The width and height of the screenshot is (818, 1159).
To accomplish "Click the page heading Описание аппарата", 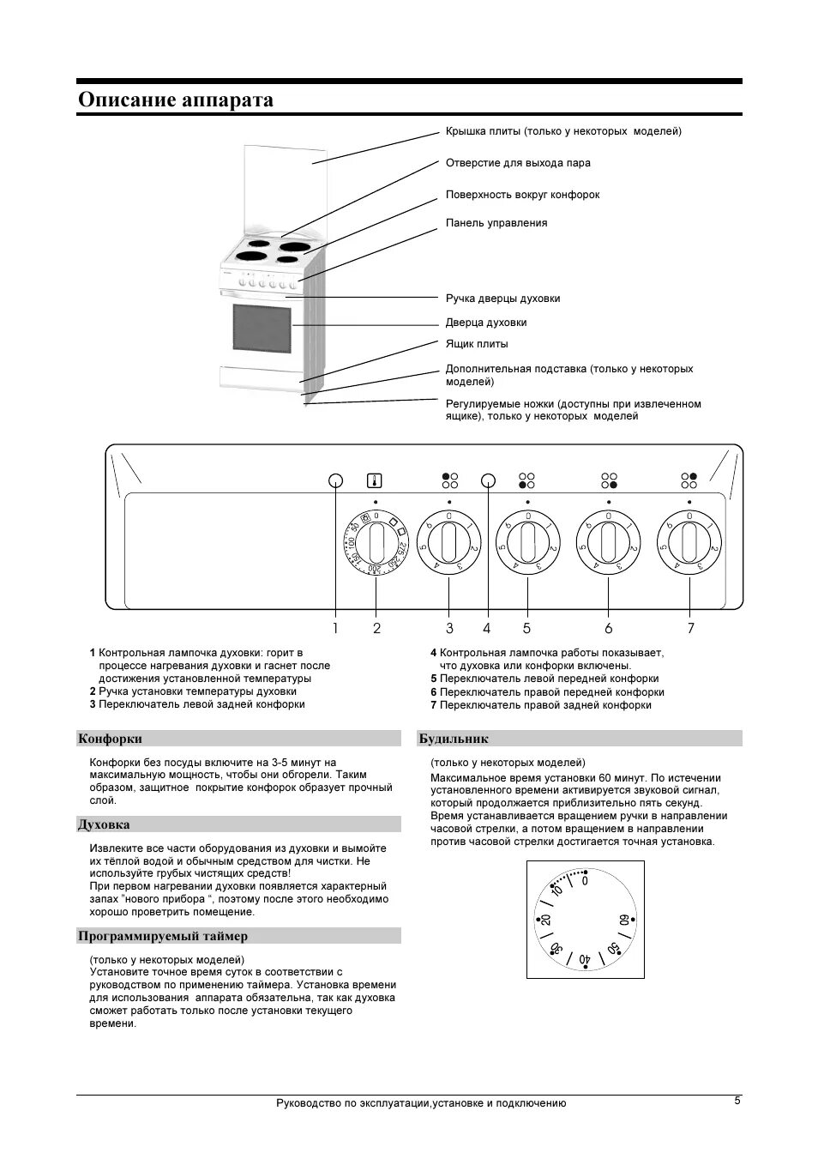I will click(176, 100).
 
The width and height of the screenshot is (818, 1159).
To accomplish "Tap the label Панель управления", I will click(496, 223).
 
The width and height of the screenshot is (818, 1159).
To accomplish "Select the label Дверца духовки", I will click(485, 323).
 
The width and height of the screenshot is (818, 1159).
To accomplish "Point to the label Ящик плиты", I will click(476, 344).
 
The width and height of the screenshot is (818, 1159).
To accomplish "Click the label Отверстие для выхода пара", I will click(517, 163).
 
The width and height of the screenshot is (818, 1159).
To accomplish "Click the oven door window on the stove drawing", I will click(262, 327).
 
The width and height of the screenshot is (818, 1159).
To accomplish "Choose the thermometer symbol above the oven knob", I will click(375, 480).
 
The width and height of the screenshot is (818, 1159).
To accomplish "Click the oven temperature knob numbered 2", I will click(376, 544).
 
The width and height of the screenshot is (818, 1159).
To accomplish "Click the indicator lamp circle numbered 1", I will click(335, 480).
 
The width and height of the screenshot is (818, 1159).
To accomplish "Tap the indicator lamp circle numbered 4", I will click(488, 480).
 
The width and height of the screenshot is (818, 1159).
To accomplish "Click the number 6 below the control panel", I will click(609, 628).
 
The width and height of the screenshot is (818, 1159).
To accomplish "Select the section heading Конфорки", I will click(111, 739).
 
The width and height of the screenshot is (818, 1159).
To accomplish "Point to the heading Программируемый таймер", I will click(163, 936).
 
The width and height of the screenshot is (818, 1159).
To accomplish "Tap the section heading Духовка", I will click(104, 824).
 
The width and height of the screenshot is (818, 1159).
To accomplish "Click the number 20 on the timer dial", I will click(545, 921).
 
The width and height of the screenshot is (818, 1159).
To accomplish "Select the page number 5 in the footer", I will click(737, 1102).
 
